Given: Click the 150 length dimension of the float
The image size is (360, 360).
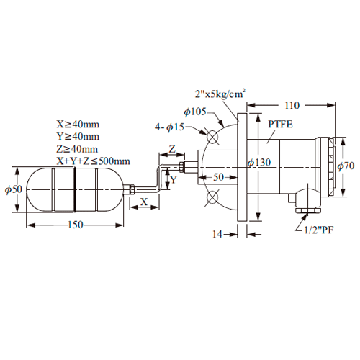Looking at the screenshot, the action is click(x=76, y=225).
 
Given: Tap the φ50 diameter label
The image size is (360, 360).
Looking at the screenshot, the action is click(x=14, y=189).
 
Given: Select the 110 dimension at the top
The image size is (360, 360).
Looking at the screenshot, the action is click(x=292, y=105).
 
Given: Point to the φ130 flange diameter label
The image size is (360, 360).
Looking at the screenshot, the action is click(x=259, y=163).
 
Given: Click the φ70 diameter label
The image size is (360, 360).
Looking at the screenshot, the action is click(x=346, y=166).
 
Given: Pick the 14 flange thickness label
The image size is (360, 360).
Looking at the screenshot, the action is click(x=217, y=234).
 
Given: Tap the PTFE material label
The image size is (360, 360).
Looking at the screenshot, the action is click(x=280, y=125).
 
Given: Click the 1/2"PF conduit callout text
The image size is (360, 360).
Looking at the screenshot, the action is click(x=319, y=230).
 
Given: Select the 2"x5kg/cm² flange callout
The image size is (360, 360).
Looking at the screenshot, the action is click(x=220, y=94).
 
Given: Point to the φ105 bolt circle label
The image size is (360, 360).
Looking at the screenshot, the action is click(x=195, y=112).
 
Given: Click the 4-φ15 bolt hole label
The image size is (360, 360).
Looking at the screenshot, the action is click(x=169, y=127).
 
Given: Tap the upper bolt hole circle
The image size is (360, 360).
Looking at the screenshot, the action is click(x=212, y=137).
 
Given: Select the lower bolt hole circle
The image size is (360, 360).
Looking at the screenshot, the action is click(x=212, y=197).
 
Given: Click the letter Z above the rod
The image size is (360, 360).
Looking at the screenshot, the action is click(x=172, y=149).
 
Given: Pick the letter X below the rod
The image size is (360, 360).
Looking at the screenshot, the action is click(x=144, y=202).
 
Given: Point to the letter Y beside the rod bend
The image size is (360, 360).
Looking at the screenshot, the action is click(x=174, y=179).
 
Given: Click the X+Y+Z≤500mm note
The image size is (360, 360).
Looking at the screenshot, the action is click(x=93, y=161).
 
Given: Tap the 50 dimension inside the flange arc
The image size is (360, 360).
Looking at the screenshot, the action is click(x=218, y=177).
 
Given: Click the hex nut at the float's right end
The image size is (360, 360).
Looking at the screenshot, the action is click(x=132, y=189).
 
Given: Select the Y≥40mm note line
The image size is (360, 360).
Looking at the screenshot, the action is click(x=78, y=136).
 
